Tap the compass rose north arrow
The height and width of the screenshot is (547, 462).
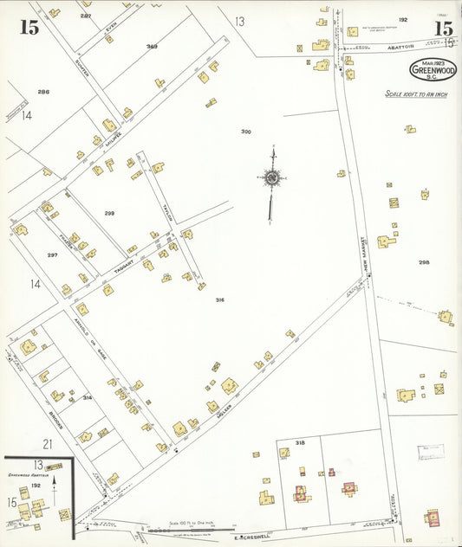pos(272,178)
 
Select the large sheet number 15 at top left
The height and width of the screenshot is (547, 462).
pos(29,27)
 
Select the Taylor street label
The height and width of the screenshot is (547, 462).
pos(168,211)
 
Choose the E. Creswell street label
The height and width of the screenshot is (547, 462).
pos(248,537)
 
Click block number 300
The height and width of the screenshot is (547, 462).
pos(245,132)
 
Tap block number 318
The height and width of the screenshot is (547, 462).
pos(300,442)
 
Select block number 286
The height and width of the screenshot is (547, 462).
pos(42,91)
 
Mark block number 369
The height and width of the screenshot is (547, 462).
pos(152,47)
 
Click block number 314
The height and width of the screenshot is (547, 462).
pos(87,397)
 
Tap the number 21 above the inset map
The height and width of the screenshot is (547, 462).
pos(49,444)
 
